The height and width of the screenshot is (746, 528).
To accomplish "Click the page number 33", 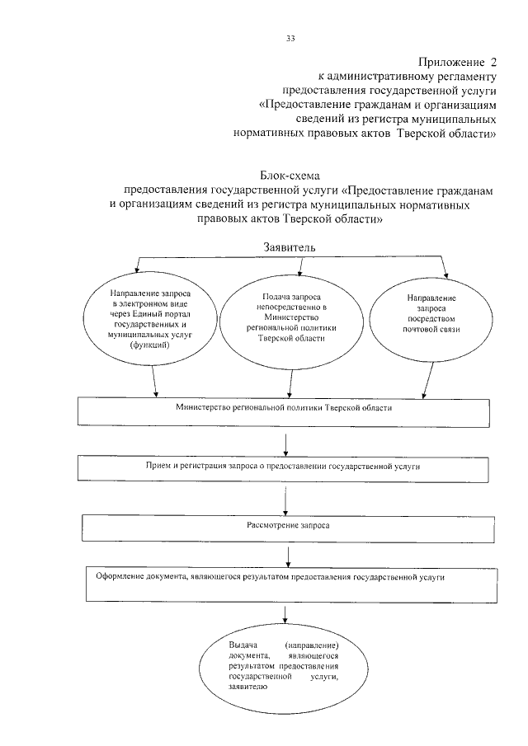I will [290, 38].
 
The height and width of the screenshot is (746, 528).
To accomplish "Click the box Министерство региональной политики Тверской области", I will [284, 411].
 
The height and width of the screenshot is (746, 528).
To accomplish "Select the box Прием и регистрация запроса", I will [284, 467].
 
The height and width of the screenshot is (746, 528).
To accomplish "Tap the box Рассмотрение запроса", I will [284, 526].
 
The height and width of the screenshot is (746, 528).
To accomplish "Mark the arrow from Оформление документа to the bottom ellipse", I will [285, 613].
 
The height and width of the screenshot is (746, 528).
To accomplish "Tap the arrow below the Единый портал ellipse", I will [156, 382].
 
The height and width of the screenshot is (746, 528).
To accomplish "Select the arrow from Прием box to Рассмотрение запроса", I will [285, 496].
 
